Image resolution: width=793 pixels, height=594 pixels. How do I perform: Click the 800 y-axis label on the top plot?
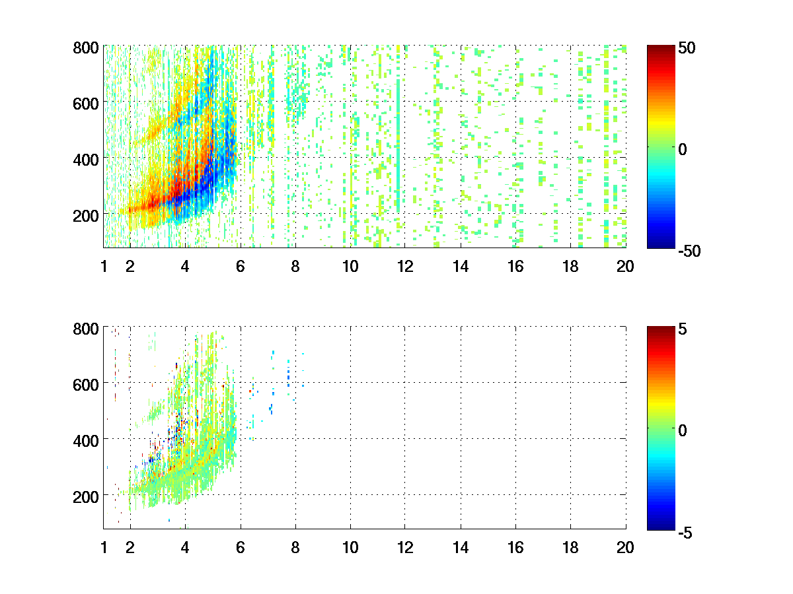pos(86,48)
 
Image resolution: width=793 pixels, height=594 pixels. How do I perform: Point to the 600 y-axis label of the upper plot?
pos(86,103)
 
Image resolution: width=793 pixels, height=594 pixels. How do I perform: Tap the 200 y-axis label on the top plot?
pos(86,214)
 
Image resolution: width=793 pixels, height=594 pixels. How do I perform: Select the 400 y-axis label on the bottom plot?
pos(86,439)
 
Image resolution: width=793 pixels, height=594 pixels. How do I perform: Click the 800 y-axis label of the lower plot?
pos(86,328)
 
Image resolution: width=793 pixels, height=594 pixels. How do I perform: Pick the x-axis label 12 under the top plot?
pos(405,267)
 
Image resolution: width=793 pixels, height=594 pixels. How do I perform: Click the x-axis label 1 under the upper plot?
pos(104,267)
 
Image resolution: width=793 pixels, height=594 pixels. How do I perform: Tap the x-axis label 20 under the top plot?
pos(625,267)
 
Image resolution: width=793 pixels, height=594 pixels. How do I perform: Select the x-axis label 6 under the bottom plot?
pos(240,547)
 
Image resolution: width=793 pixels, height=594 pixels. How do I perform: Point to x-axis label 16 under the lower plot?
pos(515,547)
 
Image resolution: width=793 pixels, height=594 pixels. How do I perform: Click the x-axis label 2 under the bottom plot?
pos(130,547)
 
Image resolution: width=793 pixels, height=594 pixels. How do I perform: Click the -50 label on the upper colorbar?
pos(689,251)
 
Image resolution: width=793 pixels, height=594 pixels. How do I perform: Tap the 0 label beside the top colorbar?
pos(683,150)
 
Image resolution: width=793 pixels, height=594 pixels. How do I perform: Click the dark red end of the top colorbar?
pos(660,49)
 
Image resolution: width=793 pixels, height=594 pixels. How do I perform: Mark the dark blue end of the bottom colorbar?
pos(660,525)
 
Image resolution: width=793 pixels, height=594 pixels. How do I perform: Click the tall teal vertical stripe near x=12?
pos(398,132)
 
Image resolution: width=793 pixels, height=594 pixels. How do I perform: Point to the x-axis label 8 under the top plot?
pos(295,267)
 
